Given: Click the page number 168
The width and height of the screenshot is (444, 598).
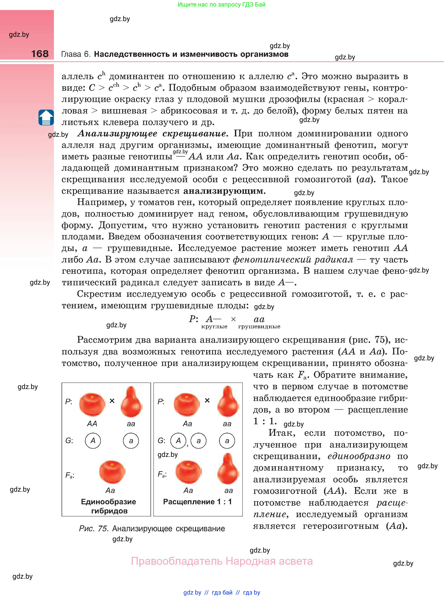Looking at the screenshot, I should (x=40, y=53).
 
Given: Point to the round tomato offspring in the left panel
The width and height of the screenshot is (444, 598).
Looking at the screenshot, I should (x=112, y=472).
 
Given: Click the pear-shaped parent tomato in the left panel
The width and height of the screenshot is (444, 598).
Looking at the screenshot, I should (x=131, y=402).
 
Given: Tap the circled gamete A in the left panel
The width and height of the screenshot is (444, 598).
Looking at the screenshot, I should (x=93, y=441).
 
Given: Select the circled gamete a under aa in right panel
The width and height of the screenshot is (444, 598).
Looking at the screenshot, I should (x=227, y=441).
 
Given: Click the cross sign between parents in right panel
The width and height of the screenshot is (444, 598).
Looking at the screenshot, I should (x=207, y=401).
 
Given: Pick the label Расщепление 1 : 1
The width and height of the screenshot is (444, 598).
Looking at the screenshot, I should (x=197, y=502).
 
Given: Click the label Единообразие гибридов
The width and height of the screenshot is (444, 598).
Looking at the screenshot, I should (x=109, y=506).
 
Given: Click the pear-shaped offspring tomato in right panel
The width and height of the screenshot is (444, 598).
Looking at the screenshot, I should (x=228, y=469).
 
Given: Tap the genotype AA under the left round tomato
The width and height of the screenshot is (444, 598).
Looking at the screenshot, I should (x=92, y=424).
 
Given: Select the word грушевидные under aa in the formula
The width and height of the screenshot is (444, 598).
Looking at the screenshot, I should (x=259, y=327).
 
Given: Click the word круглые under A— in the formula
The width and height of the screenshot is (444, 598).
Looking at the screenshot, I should (x=214, y=327).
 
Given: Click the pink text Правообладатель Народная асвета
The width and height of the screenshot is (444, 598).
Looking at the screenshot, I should (x=222, y=561).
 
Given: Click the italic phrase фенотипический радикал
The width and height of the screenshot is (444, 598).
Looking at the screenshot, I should (x=293, y=259).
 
